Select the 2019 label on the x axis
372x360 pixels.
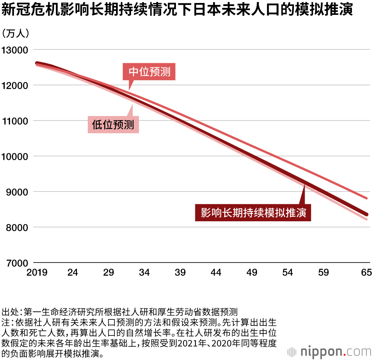37,273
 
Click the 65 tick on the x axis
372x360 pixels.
366,273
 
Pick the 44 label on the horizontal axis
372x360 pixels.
216,273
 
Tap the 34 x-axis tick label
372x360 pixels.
144,273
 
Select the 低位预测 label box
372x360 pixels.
113,124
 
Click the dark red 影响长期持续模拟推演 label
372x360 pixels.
253,213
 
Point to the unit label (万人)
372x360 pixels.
16,34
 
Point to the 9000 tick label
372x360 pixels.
17,192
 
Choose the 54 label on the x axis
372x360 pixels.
288,273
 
